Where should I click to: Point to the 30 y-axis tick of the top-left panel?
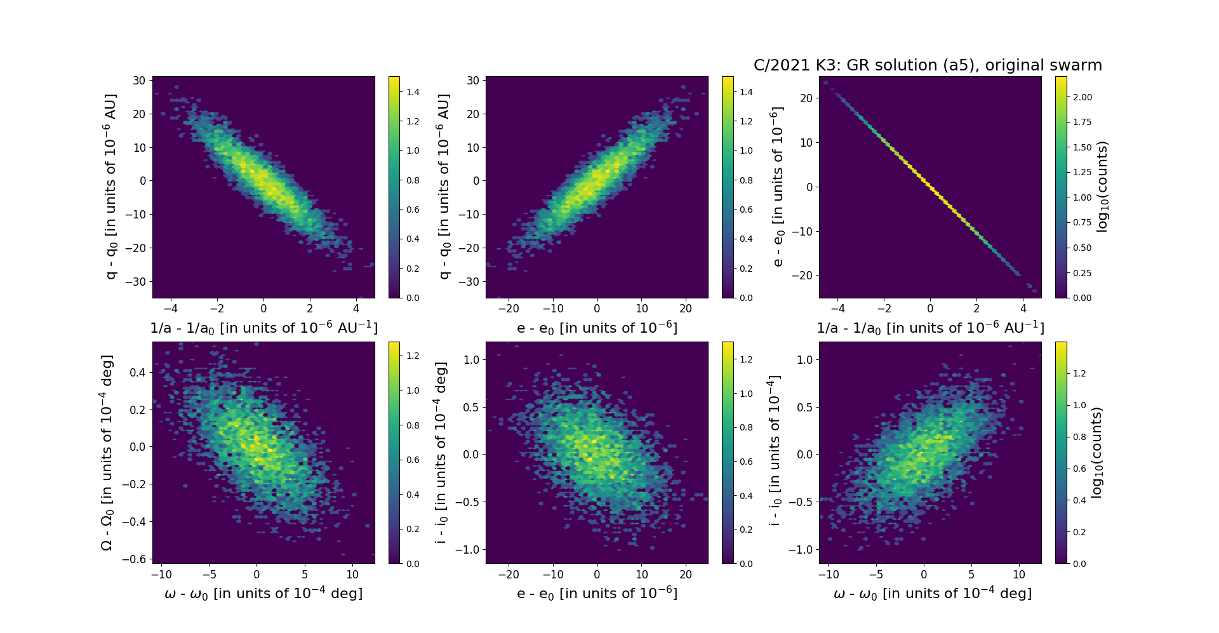click(x=139, y=81)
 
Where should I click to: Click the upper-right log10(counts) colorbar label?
click(x=1103, y=187)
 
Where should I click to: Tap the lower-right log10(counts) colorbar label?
click(x=1096, y=453)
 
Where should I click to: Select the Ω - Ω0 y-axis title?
click(x=107, y=453)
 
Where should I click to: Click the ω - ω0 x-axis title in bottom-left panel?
click(x=263, y=594)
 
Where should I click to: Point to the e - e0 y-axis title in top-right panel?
click(x=776, y=187)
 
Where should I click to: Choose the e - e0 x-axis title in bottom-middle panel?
click(x=597, y=594)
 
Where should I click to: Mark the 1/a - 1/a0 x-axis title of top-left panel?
click(x=263, y=328)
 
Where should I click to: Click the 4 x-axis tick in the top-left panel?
click(x=356, y=309)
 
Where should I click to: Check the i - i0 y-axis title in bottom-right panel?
click(x=774, y=453)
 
